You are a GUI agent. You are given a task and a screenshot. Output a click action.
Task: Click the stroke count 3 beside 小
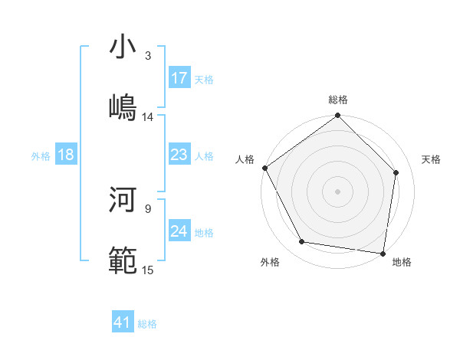(x=148, y=56)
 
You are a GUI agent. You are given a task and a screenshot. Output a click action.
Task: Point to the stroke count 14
(x=148, y=117)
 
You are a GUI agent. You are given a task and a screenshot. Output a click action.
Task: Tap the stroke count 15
(x=148, y=270)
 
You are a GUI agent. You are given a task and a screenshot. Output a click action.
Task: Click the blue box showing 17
(x=179, y=78)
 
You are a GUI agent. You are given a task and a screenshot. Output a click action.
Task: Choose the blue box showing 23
(x=179, y=155)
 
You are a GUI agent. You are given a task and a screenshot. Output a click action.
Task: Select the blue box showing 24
(x=179, y=231)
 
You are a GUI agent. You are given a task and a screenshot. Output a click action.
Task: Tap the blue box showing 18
(x=66, y=155)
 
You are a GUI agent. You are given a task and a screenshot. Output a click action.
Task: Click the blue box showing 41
(x=123, y=323)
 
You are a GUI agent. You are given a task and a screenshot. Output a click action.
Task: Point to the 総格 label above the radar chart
(x=338, y=100)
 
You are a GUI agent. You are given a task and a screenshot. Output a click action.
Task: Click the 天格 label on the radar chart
(x=432, y=159)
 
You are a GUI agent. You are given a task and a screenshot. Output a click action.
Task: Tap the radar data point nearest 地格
(x=383, y=253)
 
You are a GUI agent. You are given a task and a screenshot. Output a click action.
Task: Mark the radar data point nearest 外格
(x=302, y=242)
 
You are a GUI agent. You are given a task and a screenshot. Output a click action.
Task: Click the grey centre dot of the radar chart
(x=338, y=191)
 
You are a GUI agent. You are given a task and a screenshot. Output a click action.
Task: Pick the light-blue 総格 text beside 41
(x=148, y=324)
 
